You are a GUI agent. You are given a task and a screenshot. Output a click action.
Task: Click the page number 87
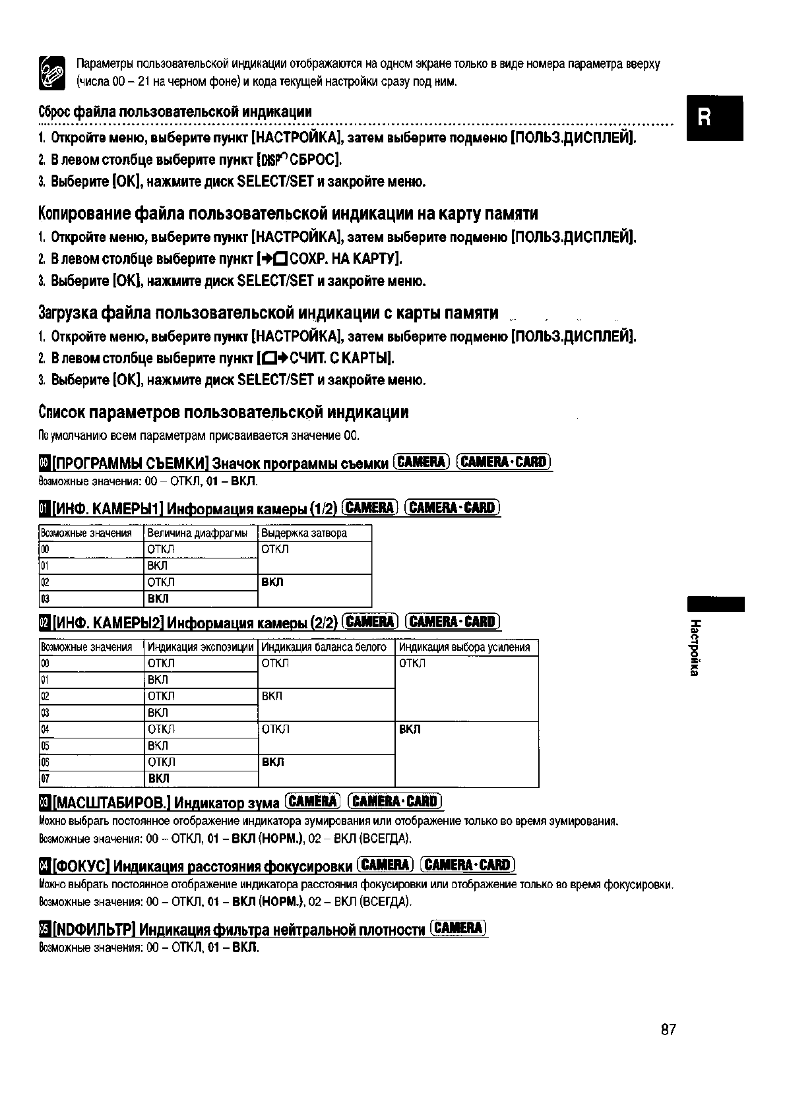pyautogui.click(x=668, y=1030)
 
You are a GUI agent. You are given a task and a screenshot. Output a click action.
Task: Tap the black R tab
pyautogui.click(x=714, y=118)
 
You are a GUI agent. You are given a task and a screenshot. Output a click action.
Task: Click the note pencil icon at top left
pyautogui.click(x=52, y=73)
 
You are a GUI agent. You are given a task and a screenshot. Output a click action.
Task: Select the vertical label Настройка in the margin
pyautogui.click(x=695, y=647)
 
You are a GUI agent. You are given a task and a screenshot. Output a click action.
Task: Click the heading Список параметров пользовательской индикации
pyautogui.click(x=223, y=413)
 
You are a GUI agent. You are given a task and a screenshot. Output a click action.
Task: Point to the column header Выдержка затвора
pyautogui.click(x=304, y=533)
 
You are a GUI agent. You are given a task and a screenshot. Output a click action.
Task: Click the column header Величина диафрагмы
pyautogui.click(x=197, y=533)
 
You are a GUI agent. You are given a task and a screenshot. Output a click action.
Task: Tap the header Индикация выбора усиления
pyautogui.click(x=464, y=647)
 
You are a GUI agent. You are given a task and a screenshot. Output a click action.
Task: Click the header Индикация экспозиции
pyautogui.click(x=201, y=647)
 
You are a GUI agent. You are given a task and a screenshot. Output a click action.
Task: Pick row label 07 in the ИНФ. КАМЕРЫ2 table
pyautogui.click(x=45, y=779)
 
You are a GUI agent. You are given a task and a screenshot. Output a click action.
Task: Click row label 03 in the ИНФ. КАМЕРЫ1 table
pyautogui.click(x=45, y=599)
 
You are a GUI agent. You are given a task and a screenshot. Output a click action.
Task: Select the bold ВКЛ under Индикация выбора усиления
pyautogui.click(x=410, y=729)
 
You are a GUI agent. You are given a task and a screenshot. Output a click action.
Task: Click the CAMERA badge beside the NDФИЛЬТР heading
pyautogui.click(x=458, y=928)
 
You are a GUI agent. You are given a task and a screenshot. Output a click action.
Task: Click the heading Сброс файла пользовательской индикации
pyautogui.click(x=175, y=111)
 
